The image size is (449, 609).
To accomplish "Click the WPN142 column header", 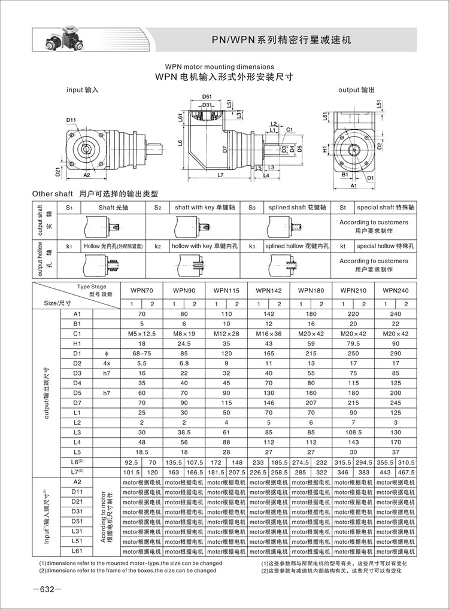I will click(x=269, y=290).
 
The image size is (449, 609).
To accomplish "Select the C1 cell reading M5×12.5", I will click(x=142, y=333).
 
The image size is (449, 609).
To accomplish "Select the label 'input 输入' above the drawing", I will click(x=82, y=89).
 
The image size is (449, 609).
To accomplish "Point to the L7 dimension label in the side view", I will click(x=219, y=175).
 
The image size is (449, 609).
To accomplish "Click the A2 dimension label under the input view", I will click(x=87, y=175).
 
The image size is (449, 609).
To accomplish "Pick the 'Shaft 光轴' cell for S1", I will click(x=114, y=208).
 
